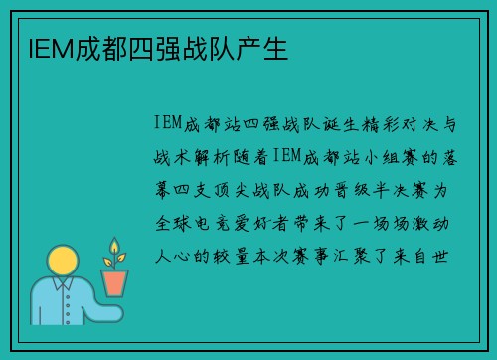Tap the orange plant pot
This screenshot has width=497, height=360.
tap(114, 282)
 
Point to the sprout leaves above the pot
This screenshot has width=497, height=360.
tap(113, 250)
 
